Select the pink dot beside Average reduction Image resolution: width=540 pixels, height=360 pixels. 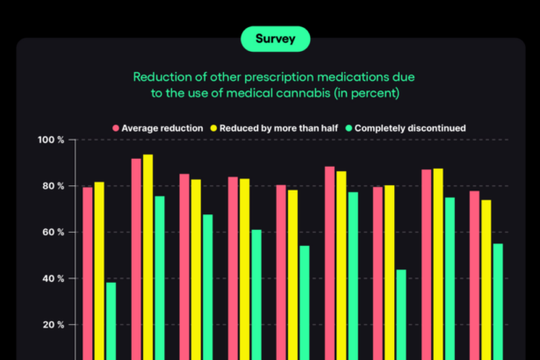115,128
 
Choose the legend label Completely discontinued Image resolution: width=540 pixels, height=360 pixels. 410,128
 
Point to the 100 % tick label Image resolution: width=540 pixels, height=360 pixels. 51,140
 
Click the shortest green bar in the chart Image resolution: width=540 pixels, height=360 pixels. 111,320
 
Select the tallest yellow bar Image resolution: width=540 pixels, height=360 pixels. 148,255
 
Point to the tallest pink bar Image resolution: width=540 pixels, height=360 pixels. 136,258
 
